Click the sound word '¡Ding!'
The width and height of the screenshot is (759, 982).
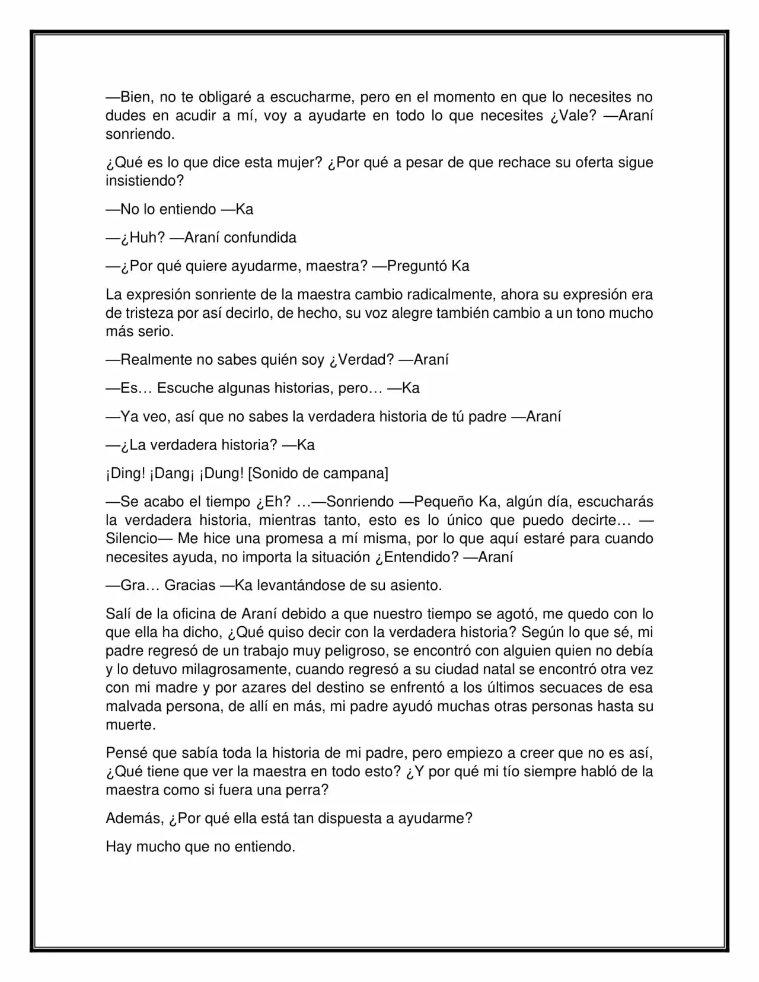coord(125,474)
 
